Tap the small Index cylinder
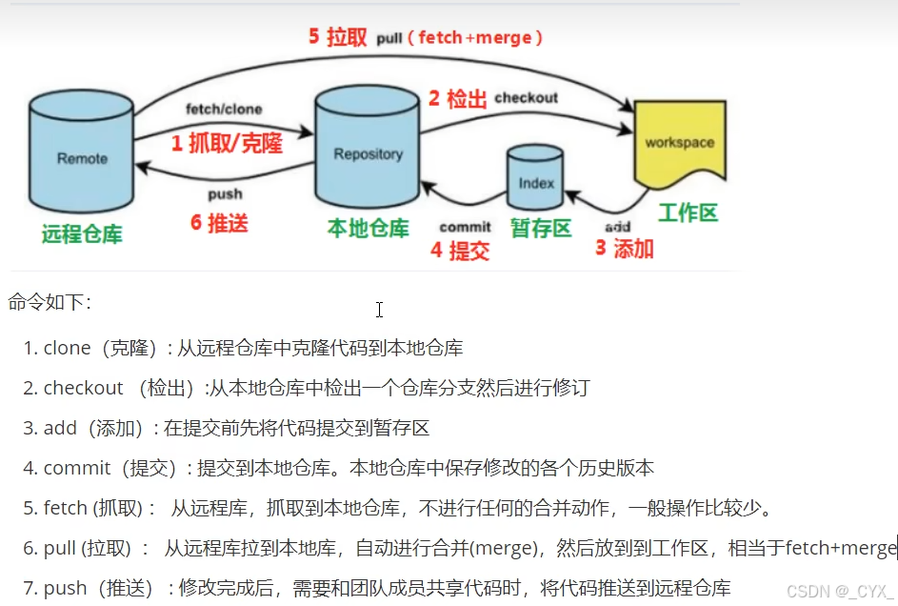click(x=537, y=179)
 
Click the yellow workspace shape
click(x=679, y=145)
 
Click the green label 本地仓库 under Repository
click(x=369, y=229)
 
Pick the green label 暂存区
click(x=541, y=228)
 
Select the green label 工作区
click(x=688, y=212)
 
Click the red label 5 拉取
click(x=337, y=37)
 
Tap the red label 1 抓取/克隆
click(x=228, y=143)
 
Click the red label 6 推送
click(x=219, y=223)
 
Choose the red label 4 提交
click(x=460, y=251)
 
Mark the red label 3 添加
click(x=625, y=249)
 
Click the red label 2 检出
click(x=457, y=98)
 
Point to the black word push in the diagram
click(x=225, y=193)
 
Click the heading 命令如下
click(x=50, y=303)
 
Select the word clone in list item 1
click(x=67, y=349)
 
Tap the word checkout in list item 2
click(x=83, y=388)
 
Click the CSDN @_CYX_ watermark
click(x=840, y=591)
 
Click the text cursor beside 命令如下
click(x=379, y=310)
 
